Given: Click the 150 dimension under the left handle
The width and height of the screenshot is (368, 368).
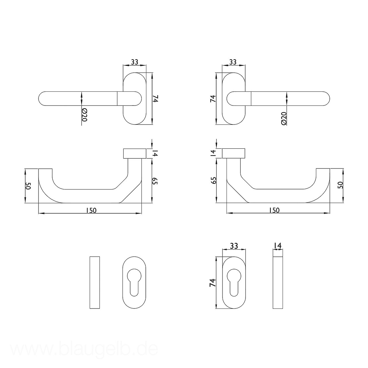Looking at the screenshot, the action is [x=91, y=210].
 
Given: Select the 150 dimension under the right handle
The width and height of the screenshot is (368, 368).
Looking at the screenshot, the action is [x=274, y=210].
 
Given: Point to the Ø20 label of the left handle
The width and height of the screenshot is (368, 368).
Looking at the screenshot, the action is [x=84, y=115].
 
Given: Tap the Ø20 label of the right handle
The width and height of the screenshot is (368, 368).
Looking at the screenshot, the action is [x=284, y=118].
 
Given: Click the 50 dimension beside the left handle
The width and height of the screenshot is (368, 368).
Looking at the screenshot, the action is [x=28, y=186].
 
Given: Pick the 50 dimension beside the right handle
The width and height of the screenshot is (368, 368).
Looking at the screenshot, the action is [x=340, y=185].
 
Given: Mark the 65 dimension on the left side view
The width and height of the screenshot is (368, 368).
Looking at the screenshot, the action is [x=155, y=181].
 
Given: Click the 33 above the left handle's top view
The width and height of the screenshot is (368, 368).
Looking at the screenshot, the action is [x=135, y=62].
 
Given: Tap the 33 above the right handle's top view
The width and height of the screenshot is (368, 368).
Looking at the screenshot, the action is [x=233, y=62].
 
